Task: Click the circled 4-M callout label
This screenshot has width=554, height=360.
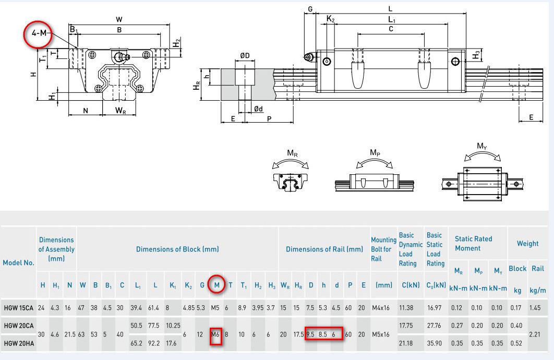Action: [39, 33]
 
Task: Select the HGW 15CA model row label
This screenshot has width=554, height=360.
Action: [18, 308]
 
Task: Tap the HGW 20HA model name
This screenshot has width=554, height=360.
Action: [19, 343]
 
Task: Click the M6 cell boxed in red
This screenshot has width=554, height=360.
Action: [215, 334]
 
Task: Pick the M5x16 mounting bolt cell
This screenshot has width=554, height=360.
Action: [380, 334]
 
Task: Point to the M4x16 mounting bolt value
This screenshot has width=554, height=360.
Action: [380, 308]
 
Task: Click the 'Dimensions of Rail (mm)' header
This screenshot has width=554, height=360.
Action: [324, 249]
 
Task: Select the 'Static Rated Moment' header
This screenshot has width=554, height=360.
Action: [473, 244]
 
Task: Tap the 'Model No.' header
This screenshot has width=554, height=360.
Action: [18, 262]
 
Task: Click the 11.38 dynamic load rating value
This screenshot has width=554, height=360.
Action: [406, 308]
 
